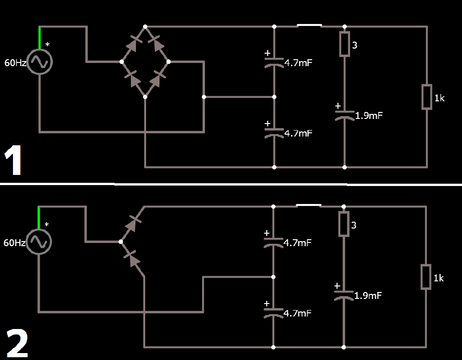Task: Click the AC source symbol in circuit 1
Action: [x=40, y=62]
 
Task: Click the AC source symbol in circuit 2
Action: [x=39, y=242]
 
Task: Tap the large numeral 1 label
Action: [x=13, y=161]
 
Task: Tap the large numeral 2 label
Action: [x=17, y=343]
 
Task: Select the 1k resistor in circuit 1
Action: [x=427, y=97]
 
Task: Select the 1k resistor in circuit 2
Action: [x=426, y=277]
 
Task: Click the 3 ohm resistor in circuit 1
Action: [x=345, y=44]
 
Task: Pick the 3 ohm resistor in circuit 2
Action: [x=344, y=224]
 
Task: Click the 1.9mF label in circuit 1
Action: [x=369, y=116]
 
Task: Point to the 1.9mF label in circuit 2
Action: [x=368, y=295]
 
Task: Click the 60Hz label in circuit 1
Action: [x=15, y=63]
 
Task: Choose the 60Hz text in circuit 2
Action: [x=14, y=242]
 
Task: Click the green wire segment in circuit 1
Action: [x=39, y=38]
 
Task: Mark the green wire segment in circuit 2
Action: [x=38, y=218]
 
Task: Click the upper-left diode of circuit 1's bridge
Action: [x=133, y=44]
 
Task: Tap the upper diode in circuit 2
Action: [x=133, y=224]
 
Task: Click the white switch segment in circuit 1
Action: [x=309, y=25]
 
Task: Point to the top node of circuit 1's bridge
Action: [x=145, y=26]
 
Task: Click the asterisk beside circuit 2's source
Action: [x=47, y=225]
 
